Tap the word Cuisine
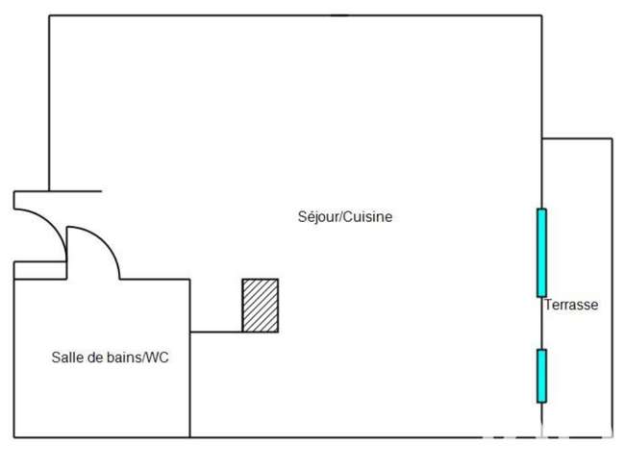367,216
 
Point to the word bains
122,357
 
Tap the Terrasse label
571,305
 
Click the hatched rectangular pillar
261,306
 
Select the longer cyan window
541,253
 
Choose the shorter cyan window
541,376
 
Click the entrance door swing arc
52,221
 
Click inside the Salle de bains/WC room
102,390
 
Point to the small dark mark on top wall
339,15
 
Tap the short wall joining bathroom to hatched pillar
216,332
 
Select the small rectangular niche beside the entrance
39,270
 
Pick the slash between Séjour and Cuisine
340,217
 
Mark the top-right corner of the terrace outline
612,138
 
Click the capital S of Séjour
302,217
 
